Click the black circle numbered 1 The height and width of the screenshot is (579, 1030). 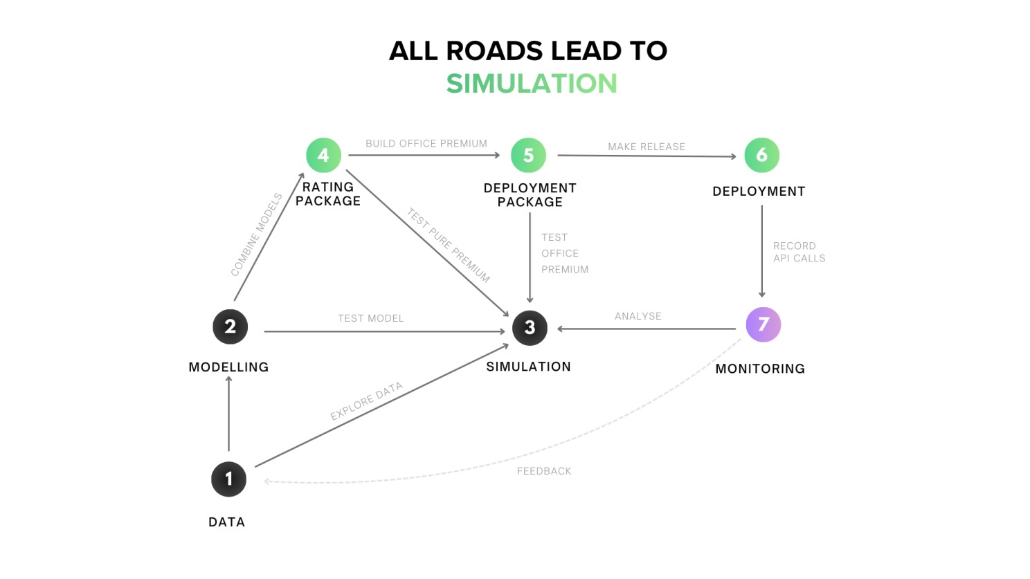228,479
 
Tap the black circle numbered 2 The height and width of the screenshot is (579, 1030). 230,327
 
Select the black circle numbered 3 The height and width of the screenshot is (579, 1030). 530,327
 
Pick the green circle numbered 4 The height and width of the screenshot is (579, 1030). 323,155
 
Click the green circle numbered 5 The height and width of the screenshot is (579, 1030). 528,155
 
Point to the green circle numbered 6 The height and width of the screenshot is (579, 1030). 761,155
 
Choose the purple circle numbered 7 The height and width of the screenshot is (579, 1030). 763,324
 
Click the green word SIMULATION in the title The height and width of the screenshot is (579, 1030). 531,84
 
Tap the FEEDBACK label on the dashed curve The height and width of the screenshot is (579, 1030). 544,471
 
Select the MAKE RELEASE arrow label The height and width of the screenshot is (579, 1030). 647,147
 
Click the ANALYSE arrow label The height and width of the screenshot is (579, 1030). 638,316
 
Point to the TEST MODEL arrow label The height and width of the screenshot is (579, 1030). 370,318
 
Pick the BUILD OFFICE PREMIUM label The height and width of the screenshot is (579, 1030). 426,143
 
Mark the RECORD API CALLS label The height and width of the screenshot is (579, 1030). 799,252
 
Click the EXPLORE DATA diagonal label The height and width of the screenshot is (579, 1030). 366,401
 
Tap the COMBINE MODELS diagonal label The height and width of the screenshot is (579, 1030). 257,235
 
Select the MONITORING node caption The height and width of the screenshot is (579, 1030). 760,369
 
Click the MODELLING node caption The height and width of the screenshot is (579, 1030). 228,367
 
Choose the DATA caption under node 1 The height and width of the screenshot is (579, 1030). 226,522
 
